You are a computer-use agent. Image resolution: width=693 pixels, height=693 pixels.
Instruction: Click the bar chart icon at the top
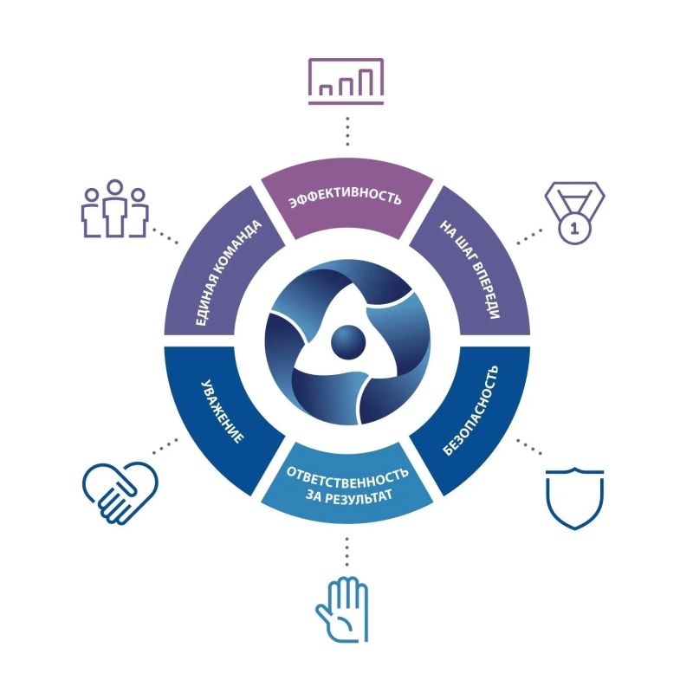(346, 81)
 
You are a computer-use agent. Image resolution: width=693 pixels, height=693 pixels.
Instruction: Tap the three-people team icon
(115, 209)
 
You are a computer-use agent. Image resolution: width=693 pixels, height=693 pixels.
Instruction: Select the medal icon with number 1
(574, 212)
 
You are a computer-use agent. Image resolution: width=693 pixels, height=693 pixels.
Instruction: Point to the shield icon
(574, 498)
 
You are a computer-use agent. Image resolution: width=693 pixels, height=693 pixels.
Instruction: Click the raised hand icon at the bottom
(342, 609)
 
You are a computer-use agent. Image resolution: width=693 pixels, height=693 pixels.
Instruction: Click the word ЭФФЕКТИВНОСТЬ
(345, 198)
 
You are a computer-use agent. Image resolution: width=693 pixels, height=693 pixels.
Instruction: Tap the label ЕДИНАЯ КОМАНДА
(228, 273)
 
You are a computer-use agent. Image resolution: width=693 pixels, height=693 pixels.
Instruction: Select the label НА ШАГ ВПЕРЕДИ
(470, 269)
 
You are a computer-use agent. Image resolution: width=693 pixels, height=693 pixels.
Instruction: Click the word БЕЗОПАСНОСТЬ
(470, 410)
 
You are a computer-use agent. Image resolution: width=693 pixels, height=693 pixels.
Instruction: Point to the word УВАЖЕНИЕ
(222, 411)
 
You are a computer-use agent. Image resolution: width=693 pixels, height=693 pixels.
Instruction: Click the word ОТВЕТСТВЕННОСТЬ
(347, 476)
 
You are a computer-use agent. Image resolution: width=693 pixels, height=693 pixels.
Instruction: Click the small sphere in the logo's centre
(348, 342)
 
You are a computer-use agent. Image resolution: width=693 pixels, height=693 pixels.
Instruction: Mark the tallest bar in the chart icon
(365, 82)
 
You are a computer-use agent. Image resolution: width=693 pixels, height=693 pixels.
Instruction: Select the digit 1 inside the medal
(574, 229)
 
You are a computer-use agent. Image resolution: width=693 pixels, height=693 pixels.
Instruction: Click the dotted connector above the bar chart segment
(348, 132)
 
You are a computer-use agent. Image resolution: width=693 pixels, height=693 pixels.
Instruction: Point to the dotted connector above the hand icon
(347, 552)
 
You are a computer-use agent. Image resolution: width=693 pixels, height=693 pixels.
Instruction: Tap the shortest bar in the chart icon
(327, 90)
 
